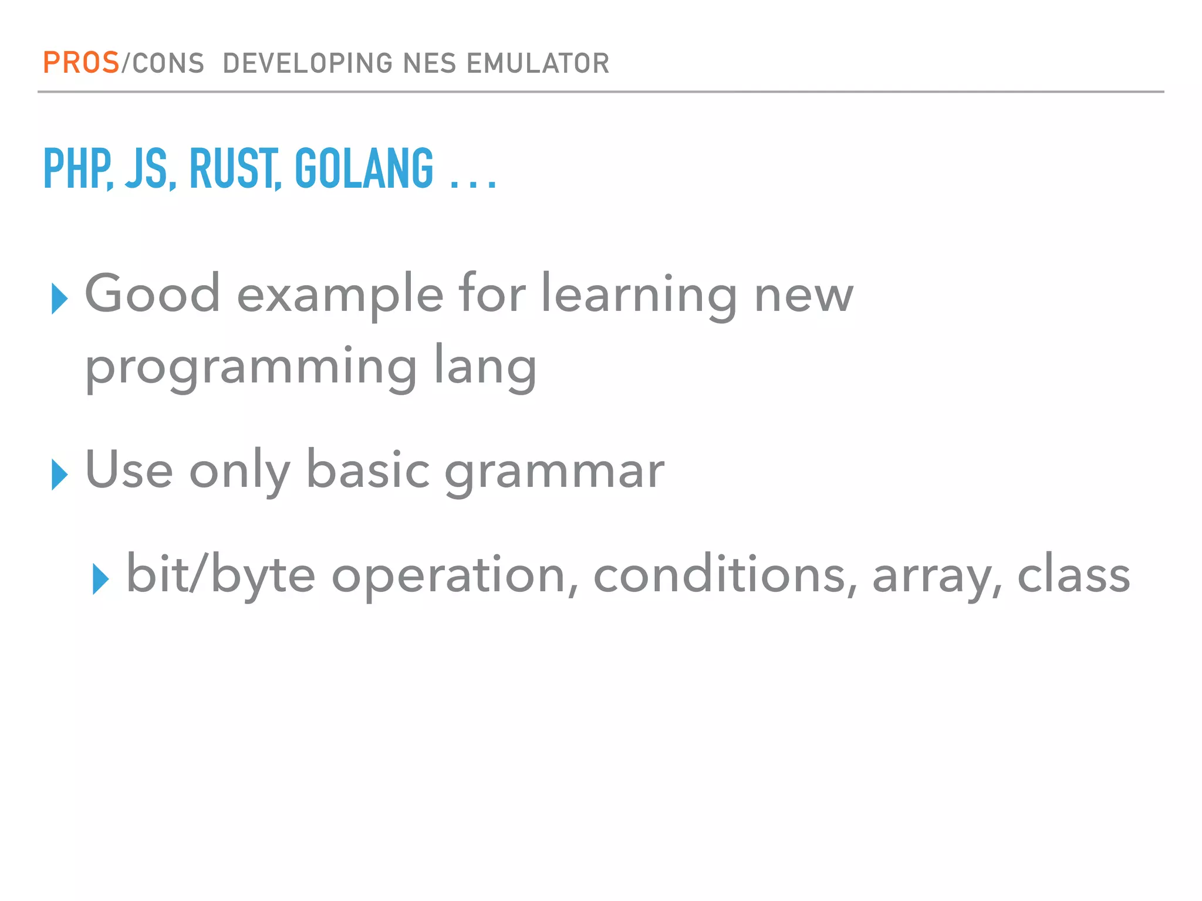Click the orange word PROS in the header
81,63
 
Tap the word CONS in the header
168,63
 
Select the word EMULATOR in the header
538,63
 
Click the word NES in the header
429,63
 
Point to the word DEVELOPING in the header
308,63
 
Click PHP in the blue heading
77,169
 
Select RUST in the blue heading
233,169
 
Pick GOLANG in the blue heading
364,169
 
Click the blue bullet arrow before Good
59,298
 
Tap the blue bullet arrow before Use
59,474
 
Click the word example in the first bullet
340,295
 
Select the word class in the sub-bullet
1073,575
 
